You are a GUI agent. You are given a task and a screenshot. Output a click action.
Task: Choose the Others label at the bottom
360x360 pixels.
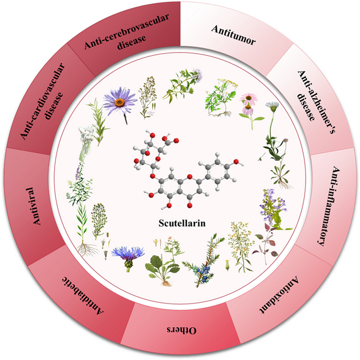[170, 330]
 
